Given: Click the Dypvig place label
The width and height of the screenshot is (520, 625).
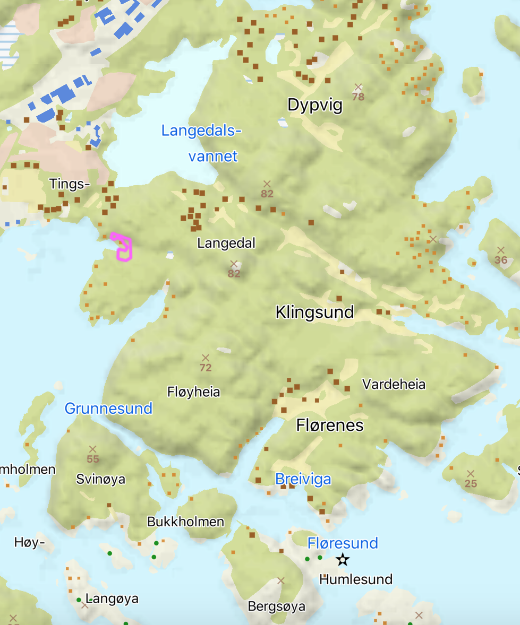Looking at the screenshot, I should click(x=314, y=105).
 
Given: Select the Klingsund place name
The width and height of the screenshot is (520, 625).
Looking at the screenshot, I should click(x=314, y=312).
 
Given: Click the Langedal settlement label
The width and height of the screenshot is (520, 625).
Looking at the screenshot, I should click(x=226, y=244).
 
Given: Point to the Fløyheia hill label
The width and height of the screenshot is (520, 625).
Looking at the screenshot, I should click(x=193, y=392).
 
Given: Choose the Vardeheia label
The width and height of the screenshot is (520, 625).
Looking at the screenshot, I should click(x=394, y=384).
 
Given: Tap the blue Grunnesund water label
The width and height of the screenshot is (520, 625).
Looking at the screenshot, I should click(x=108, y=408).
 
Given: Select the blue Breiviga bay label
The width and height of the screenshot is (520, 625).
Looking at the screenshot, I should click(x=303, y=479).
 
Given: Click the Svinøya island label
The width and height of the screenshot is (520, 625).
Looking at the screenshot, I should click(x=100, y=479).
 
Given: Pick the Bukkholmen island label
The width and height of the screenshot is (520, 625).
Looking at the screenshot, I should click(x=185, y=522).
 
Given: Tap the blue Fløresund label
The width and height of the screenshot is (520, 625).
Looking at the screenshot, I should click(x=343, y=543).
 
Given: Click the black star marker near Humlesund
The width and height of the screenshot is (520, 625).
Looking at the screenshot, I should click(x=343, y=559).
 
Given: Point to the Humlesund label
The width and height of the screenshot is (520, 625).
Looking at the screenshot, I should click(x=355, y=579).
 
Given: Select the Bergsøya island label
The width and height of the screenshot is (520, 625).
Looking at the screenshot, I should click(x=276, y=606).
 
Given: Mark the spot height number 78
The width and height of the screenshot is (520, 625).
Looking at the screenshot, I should click(x=358, y=97).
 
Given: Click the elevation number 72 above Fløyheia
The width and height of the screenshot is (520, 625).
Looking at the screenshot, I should click(x=206, y=368).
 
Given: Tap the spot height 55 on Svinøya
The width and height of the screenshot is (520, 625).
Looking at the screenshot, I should click(x=93, y=459).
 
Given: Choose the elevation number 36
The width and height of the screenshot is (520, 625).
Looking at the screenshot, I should click(x=500, y=260).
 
